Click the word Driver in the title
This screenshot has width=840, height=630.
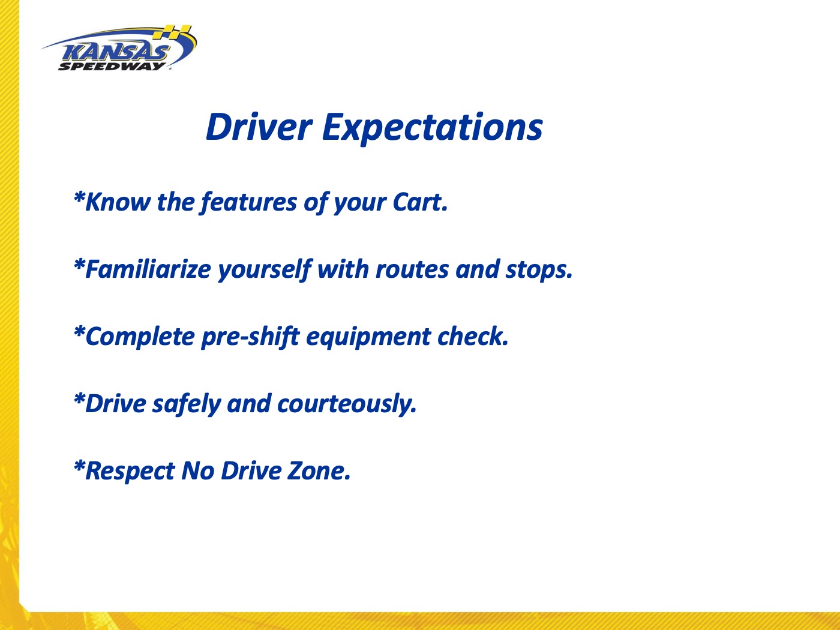click(x=259, y=127)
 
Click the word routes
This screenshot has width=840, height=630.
click(x=412, y=269)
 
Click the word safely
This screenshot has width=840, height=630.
click(x=187, y=404)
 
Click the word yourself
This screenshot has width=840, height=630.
click(x=265, y=270)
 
